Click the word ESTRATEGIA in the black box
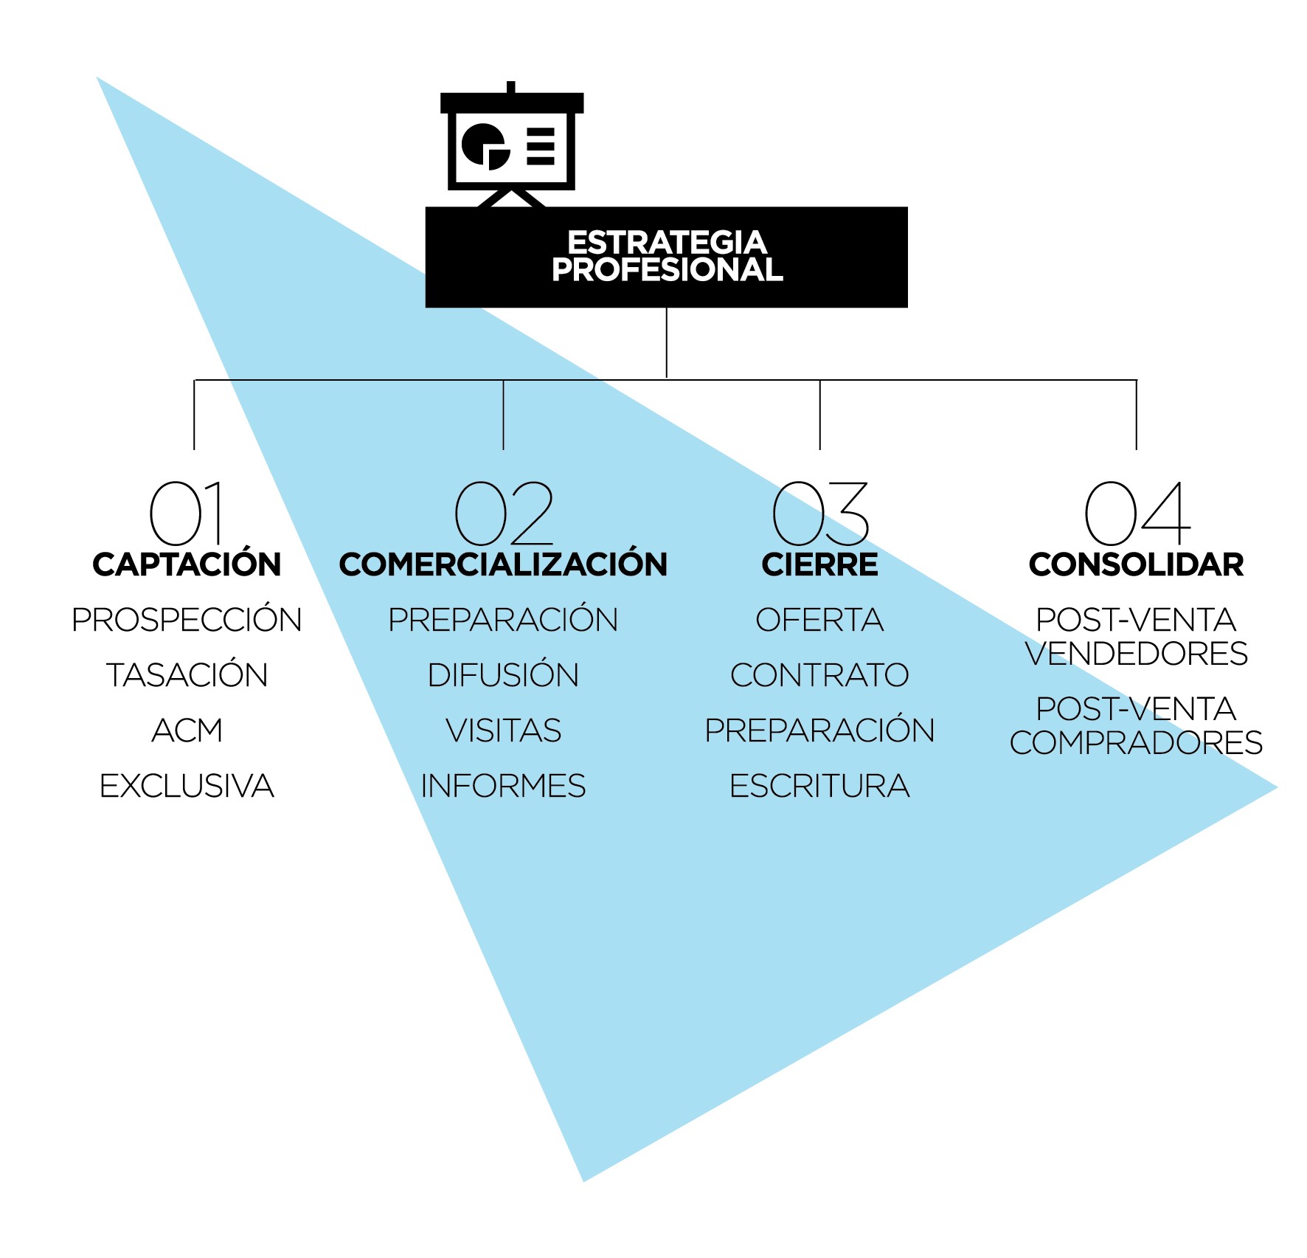[667, 242]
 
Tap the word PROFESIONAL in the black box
[667, 269]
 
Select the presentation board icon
[512, 145]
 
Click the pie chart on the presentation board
[485, 146]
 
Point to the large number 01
[186, 513]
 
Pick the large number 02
[504, 513]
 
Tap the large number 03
[820, 513]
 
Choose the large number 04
[1137, 513]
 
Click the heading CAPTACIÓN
[187, 564]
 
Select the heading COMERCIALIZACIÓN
[503, 564]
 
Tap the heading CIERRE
[819, 564]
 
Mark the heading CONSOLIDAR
[1137, 564]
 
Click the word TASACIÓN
[187, 674]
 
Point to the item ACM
[187, 730]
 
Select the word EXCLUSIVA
[187, 786]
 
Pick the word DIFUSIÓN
[503, 674]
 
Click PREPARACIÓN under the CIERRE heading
[819, 729]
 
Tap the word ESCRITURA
[819, 786]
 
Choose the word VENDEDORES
[1137, 654]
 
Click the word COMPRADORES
[1137, 743]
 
